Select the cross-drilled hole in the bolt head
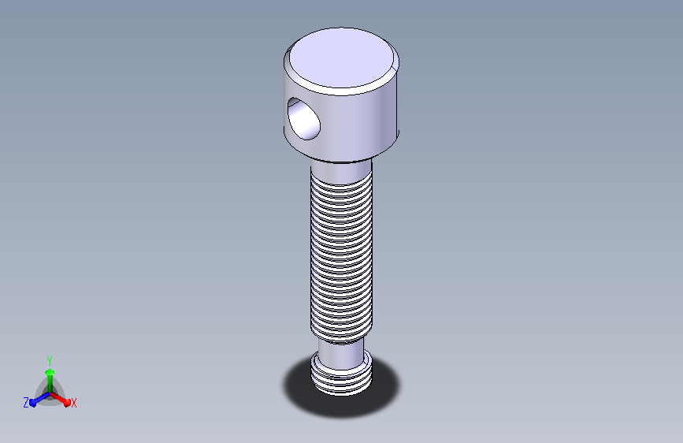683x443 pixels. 303,119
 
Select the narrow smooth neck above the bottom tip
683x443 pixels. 341,353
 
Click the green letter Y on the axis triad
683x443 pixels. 50,361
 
